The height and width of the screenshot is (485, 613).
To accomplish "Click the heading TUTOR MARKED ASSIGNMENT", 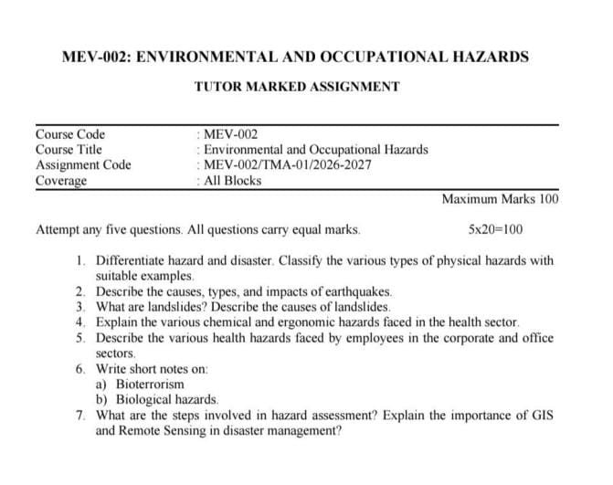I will [297, 87].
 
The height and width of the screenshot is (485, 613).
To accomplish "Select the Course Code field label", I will [70, 134].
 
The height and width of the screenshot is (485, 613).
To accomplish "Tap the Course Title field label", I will [69, 150].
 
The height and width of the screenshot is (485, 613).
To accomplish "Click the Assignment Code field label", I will [83, 165].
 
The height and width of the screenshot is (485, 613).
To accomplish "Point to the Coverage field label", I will [60, 181].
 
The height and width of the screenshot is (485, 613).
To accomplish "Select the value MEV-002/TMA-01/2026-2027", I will [288, 165].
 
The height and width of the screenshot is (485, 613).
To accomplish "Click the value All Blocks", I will [233, 181].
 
